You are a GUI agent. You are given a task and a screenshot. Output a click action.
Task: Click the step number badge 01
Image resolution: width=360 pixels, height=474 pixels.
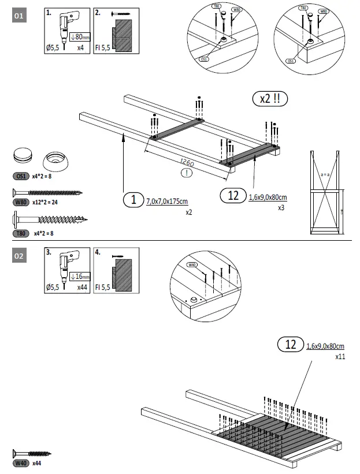tap(19, 17)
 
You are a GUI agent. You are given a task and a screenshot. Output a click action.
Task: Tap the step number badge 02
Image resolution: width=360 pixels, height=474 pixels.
tap(19, 256)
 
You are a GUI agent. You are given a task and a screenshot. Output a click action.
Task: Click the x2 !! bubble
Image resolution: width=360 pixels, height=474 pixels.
tap(270, 98)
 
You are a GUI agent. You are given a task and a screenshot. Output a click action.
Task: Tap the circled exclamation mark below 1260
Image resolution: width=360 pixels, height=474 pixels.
tap(186, 173)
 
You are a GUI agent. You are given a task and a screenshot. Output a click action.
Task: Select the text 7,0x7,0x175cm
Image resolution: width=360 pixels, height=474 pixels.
tap(168, 200)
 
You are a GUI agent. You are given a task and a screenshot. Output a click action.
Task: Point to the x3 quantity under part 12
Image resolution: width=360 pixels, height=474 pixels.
tap(281, 207)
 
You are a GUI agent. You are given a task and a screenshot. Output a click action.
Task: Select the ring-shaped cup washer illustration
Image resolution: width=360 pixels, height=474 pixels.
tap(55, 158)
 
